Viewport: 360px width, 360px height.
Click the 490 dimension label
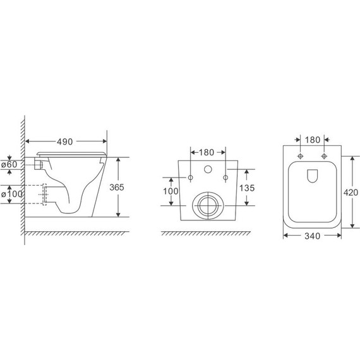[x=64, y=141]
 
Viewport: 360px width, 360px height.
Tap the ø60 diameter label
[x=9, y=164]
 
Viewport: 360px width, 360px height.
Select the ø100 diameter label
[x=11, y=194]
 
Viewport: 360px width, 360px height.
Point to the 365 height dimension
[x=117, y=188]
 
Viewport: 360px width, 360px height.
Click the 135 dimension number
[x=247, y=188]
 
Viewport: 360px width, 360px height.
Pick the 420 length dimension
[x=351, y=193]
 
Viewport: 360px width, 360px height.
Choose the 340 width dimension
[x=312, y=236]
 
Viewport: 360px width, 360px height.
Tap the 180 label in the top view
[x=312, y=140]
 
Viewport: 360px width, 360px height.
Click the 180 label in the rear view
[x=206, y=152]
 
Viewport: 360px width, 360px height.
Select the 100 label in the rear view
[x=171, y=191]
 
